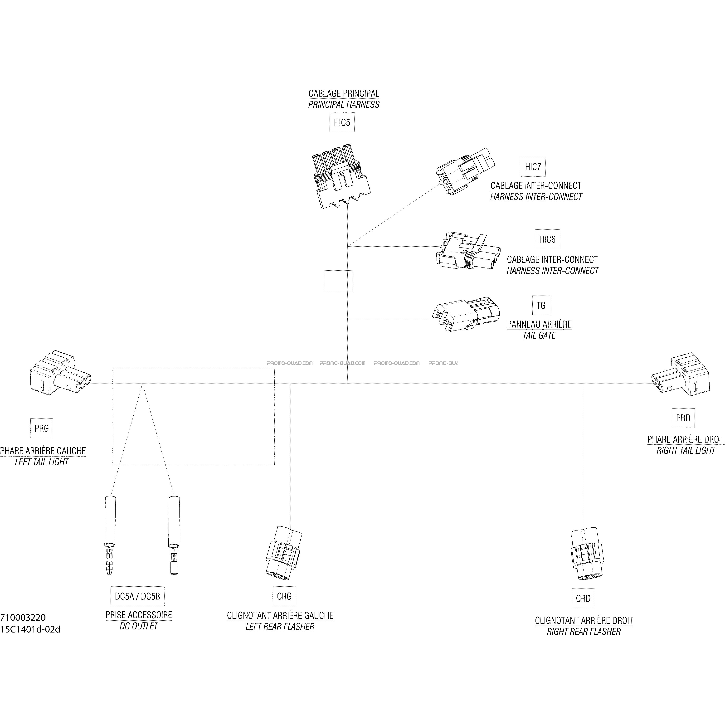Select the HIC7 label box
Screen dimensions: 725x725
tap(533, 167)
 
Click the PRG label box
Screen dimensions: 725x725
tap(42, 428)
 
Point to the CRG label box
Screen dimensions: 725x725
tap(284, 596)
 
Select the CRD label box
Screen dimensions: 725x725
tap(583, 598)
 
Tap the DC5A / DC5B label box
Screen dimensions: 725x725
tap(137, 596)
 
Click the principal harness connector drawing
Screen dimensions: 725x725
tap(341, 176)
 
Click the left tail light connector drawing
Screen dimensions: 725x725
tap(60, 373)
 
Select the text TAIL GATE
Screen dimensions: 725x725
tap(539, 335)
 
